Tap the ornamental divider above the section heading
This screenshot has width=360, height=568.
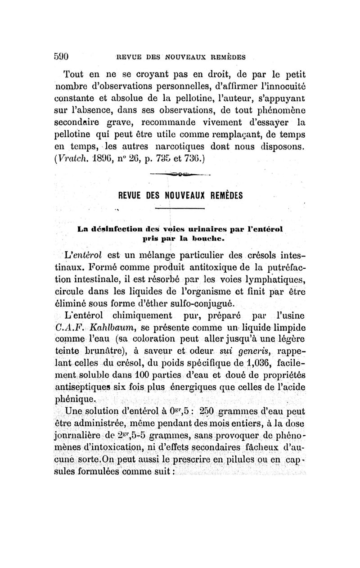click(x=180, y=174)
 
